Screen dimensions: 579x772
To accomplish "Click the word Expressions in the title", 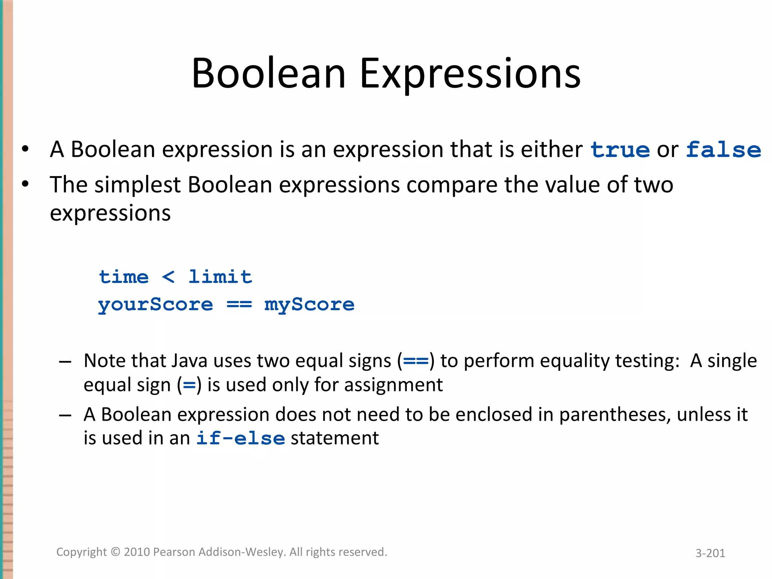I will coord(470,74).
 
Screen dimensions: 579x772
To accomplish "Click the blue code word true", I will coord(620,150).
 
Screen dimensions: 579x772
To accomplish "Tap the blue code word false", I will coord(723,150).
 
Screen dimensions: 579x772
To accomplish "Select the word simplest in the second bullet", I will coord(138,185).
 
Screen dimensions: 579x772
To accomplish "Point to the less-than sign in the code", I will coord(168,277).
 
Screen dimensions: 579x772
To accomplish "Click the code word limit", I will coord(220,277).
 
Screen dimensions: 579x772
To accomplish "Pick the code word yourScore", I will coord(155,305).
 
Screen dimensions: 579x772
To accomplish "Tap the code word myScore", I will coord(309,305).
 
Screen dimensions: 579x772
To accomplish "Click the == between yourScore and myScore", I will coord(239,305).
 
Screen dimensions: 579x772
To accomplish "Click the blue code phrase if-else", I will coord(240,438).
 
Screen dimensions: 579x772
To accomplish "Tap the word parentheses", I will coord(615,415).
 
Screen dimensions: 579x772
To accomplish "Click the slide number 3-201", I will coord(710,553).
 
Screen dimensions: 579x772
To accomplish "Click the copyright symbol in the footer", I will coord(116,552).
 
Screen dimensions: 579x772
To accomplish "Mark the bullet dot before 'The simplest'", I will coord(25,184).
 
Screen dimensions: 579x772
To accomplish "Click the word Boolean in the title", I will coord(268,74).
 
